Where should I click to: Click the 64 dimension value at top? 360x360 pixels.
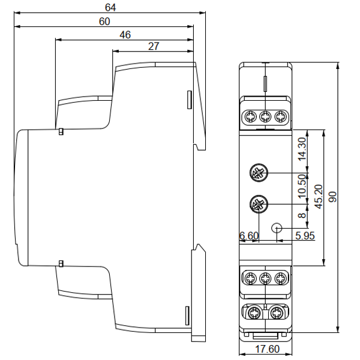click(x=110, y=8)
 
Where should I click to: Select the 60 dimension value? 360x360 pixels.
click(x=104, y=22)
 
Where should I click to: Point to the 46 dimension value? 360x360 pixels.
click(x=125, y=35)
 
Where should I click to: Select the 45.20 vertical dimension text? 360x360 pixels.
click(x=319, y=196)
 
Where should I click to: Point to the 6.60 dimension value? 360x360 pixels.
click(x=248, y=236)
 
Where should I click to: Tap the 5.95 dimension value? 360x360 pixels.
click(x=305, y=236)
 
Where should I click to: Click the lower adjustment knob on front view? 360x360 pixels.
click(x=258, y=205)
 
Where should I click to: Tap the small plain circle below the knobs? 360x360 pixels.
click(x=277, y=228)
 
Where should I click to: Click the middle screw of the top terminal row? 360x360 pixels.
click(x=265, y=116)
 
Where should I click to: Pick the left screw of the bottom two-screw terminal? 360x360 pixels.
click(x=254, y=313)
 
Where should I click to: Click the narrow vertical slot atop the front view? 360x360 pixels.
click(x=265, y=83)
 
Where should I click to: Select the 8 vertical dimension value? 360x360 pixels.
click(x=302, y=213)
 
